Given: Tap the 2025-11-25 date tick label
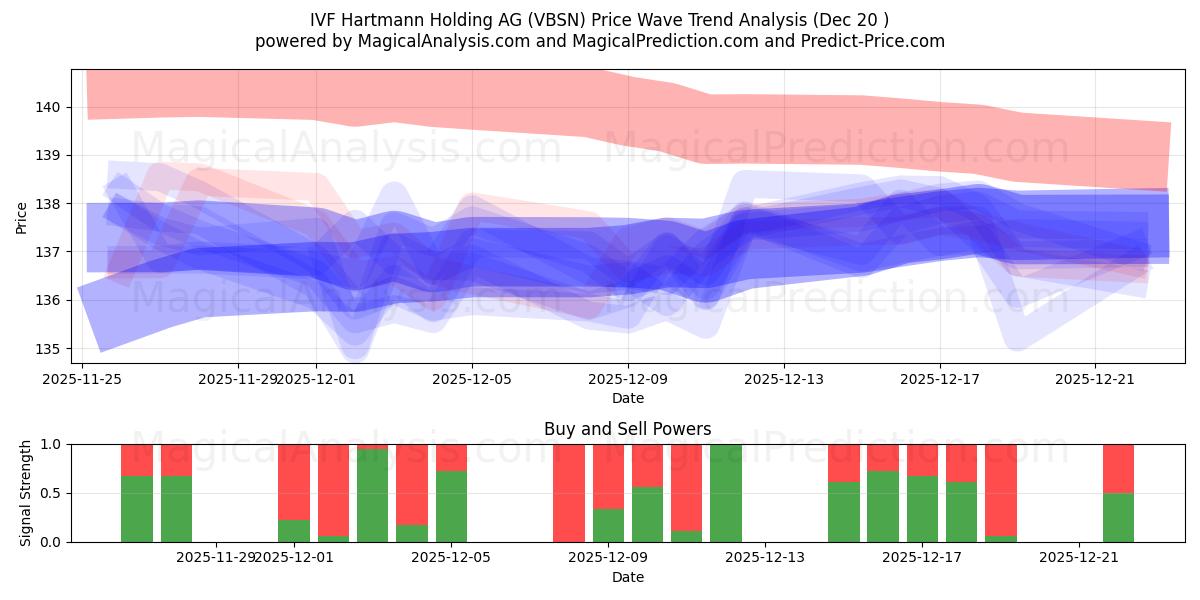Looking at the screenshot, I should pyautogui.click(x=82, y=379).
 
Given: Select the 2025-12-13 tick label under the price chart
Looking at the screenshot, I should pyautogui.click(x=783, y=379).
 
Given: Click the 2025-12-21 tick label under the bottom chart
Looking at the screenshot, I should pyautogui.click(x=1079, y=558).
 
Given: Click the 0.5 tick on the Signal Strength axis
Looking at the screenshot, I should pyautogui.click(x=53, y=493).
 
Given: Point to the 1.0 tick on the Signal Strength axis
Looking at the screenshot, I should pyautogui.click(x=53, y=444).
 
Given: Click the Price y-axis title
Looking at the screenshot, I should pyautogui.click(x=21, y=216).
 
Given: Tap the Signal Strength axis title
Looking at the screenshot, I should pyautogui.click(x=26, y=493).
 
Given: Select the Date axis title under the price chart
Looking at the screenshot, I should pyautogui.click(x=627, y=398).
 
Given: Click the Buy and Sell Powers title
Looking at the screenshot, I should pyautogui.click(x=627, y=429).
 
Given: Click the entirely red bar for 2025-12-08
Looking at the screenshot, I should pyautogui.click(x=569, y=493).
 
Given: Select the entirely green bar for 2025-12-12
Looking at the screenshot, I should pyautogui.click(x=726, y=493).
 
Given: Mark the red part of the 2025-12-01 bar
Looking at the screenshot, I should pyautogui.click(x=294, y=481).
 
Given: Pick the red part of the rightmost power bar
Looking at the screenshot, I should pyautogui.click(x=1118, y=468).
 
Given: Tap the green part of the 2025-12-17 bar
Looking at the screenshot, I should pyautogui.click(x=922, y=509).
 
